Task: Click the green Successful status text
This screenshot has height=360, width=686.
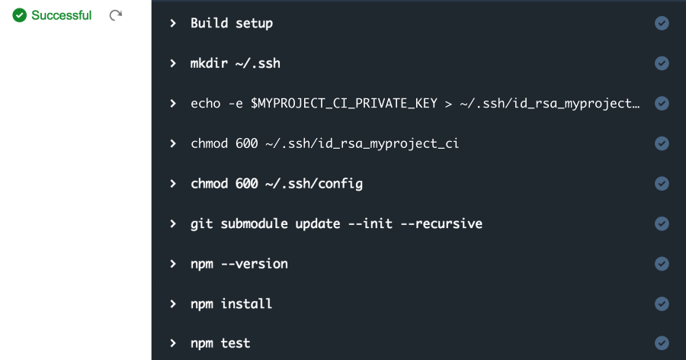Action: (x=61, y=15)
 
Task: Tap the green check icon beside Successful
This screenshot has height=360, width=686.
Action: (x=19, y=15)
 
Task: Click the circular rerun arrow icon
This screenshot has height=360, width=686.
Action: (x=116, y=15)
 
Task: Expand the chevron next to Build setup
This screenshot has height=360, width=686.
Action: (x=173, y=23)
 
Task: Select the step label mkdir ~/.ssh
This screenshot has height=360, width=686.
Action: (x=236, y=63)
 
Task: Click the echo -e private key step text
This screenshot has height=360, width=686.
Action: (x=415, y=104)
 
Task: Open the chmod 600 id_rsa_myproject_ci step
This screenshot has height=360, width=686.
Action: (x=325, y=143)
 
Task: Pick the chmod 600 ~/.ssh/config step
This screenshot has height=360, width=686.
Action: (x=277, y=184)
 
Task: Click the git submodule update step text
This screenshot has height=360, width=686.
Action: (x=336, y=223)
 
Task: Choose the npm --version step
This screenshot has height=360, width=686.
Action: (x=239, y=264)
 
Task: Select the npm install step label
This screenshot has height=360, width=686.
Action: (x=232, y=304)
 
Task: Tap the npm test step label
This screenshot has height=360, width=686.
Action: (x=220, y=343)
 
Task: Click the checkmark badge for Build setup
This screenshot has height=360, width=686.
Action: (x=662, y=23)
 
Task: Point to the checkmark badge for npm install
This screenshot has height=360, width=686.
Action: (x=662, y=304)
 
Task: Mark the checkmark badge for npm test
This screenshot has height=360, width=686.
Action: (x=662, y=343)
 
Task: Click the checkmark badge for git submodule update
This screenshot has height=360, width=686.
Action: (x=662, y=223)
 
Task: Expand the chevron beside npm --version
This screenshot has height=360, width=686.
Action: (x=173, y=264)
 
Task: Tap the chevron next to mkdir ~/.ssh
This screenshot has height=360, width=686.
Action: (x=173, y=63)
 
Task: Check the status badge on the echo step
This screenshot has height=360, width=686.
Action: (x=662, y=104)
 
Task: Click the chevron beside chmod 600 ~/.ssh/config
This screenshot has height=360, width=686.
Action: (x=173, y=184)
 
